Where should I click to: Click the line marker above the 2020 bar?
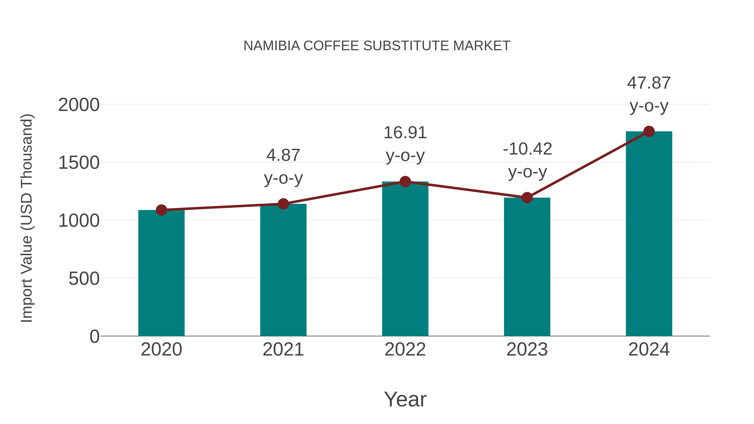coord(161,210)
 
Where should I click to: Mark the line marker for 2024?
coord(649,131)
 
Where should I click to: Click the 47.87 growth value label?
coord(649,83)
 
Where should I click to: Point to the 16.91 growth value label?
coord(405,133)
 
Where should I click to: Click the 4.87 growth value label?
coord(283,155)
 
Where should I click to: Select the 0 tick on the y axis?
coord(94,336)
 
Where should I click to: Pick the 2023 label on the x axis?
coord(527,349)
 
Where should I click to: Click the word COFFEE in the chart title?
coord(331,46)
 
